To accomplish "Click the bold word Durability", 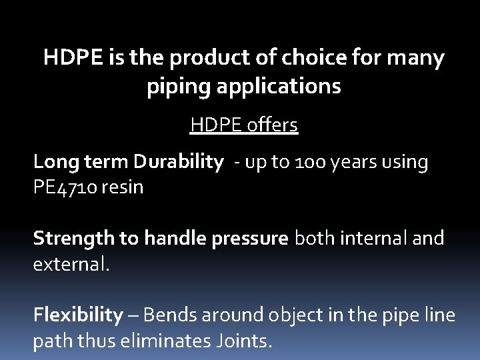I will pyautogui.click(x=177, y=162).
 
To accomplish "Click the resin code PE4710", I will pyautogui.click(x=65, y=187).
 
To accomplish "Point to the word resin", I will pyautogui.click(x=123, y=187).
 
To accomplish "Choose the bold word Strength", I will pyautogui.click(x=73, y=239).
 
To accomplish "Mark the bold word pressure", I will pyautogui.click(x=250, y=239).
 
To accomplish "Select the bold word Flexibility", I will pyautogui.click(x=78, y=315).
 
